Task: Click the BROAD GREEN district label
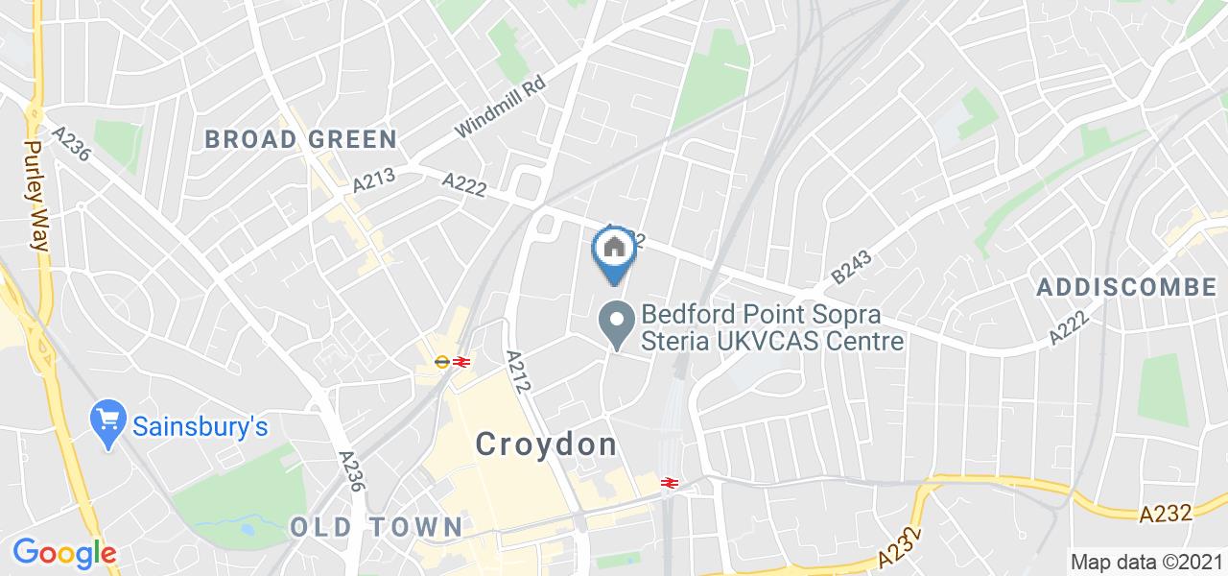tap(300, 139)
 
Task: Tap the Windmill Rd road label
tap(500, 107)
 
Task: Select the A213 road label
tap(374, 178)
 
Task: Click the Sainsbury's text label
tap(200, 427)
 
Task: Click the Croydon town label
tap(546, 444)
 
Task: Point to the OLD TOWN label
tap(376, 526)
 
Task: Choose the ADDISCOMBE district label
tap(1126, 286)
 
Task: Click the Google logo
tap(64, 554)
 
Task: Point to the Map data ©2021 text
tap(1145, 562)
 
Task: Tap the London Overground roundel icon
tap(441, 362)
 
